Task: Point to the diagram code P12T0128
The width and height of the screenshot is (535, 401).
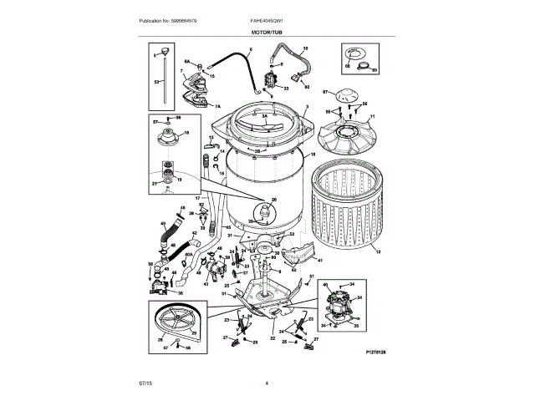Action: click(x=376, y=353)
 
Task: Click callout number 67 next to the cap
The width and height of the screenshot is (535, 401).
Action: click(x=326, y=92)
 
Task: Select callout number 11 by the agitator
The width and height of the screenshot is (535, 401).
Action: click(x=372, y=115)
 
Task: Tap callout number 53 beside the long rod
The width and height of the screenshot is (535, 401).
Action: click(x=156, y=83)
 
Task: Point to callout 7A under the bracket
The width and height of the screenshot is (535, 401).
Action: click(x=217, y=107)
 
